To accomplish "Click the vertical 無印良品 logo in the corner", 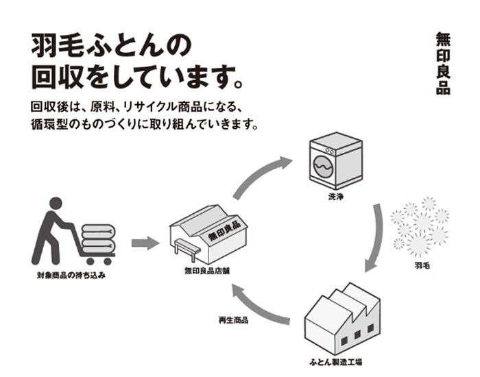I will tap(442, 63).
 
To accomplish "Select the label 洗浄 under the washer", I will tap(335, 199).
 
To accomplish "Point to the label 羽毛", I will tap(422, 264).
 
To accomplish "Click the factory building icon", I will tap(340, 317).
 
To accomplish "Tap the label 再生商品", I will tap(233, 320).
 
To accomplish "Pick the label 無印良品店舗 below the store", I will tap(206, 271).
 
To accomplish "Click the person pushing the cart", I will tap(51, 230).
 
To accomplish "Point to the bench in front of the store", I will tap(187, 249).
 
